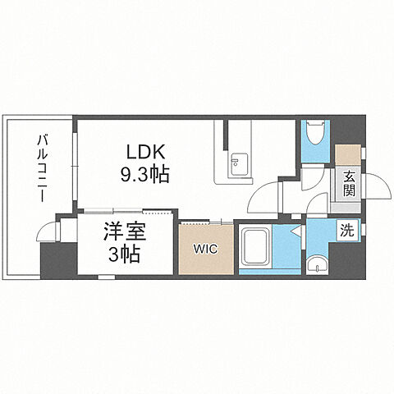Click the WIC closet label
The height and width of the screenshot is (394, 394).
(205, 248)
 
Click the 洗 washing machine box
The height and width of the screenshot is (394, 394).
(347, 231)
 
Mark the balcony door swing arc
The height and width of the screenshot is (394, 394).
(50, 231)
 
